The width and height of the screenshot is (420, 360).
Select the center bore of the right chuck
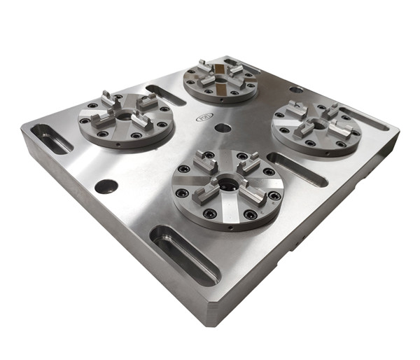[x=317, y=124]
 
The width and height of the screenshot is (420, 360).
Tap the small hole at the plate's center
[x=223, y=128]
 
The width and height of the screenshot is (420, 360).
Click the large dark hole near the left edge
[x=106, y=186]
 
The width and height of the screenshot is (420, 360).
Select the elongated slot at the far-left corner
[x=50, y=139]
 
